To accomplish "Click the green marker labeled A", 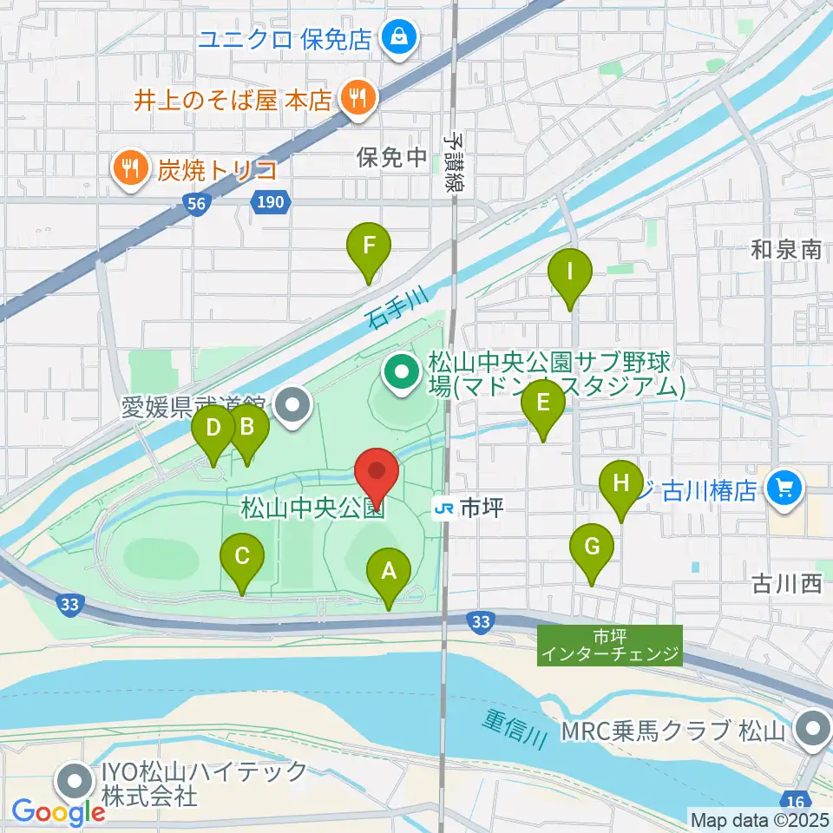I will [x=389, y=572].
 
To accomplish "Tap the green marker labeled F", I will [x=369, y=246].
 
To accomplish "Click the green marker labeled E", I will [x=543, y=403].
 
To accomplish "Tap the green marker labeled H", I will [x=621, y=483].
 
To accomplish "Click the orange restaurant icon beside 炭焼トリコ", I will [x=131, y=167].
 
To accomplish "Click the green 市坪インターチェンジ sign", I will [x=610, y=646].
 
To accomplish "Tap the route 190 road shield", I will [x=269, y=202].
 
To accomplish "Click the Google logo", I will [x=58, y=812].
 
